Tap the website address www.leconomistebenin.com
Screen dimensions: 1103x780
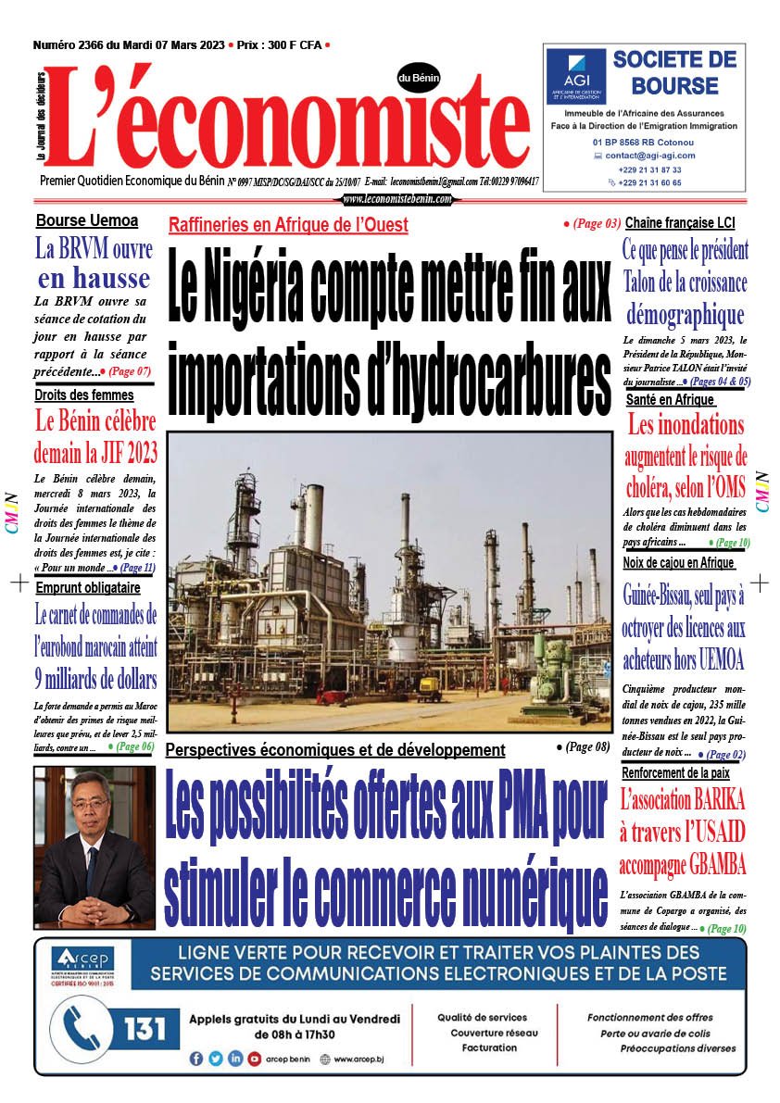[x=397, y=199]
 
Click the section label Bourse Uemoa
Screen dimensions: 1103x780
[x=87, y=221]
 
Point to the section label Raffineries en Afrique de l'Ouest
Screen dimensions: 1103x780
[x=288, y=224]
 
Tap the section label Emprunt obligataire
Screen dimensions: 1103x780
[x=88, y=587]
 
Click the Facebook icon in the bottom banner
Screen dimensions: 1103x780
[x=196, y=1059]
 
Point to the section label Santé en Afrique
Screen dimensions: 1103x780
[x=670, y=399]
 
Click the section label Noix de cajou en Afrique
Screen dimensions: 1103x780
[x=679, y=563]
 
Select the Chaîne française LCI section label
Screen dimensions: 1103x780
[x=680, y=223]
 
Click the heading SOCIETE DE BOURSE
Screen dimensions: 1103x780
[x=674, y=72]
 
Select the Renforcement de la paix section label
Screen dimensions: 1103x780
[x=675, y=772]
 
